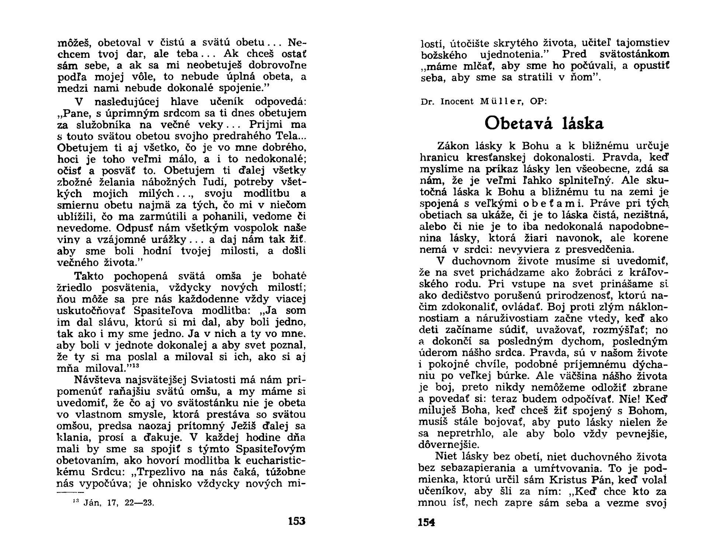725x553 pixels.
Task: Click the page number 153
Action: coord(297,521)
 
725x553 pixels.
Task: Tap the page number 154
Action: coord(427,522)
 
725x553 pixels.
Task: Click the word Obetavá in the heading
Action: coord(518,124)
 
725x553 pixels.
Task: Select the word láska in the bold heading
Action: coord(583,124)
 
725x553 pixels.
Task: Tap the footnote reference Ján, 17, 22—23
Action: coord(114,503)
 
